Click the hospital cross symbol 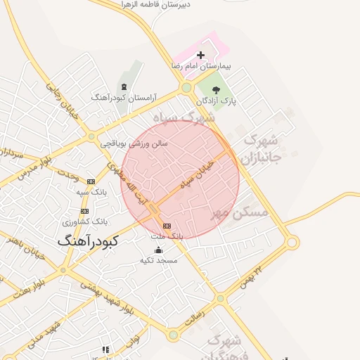tap(200, 55)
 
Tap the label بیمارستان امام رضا tap(201, 65)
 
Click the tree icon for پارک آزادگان tap(215, 89)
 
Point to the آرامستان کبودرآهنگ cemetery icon tap(124, 86)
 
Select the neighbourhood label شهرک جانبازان tap(261, 148)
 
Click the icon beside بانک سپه tap(91, 181)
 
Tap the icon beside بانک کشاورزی tap(85, 211)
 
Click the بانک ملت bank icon tap(167, 226)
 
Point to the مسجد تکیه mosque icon tap(158, 250)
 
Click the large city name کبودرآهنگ tap(88, 240)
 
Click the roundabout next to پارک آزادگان tap(186, 88)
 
